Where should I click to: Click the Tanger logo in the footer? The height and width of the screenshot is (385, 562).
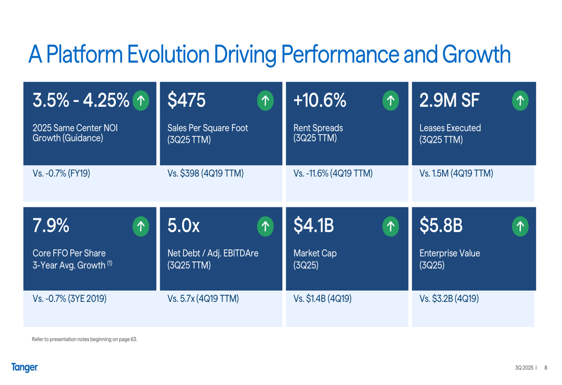tap(24, 368)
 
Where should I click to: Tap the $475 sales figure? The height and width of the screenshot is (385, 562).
tap(187, 101)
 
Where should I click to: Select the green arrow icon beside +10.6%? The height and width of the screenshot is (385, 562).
tap(390, 101)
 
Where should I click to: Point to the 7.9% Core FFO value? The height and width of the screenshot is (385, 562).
tap(51, 226)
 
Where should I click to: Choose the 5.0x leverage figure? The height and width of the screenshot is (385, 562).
tap(183, 226)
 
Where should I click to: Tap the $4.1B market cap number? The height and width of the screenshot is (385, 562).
tap(314, 226)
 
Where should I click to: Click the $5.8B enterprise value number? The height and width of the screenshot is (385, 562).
tap(441, 226)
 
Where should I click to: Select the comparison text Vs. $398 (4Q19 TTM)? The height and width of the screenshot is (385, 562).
tap(205, 174)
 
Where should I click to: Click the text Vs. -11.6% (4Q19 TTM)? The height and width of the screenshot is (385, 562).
tap(333, 174)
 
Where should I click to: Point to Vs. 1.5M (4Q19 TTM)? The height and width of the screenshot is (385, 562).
tap(456, 174)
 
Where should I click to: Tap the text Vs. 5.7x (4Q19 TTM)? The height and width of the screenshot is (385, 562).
tap(203, 299)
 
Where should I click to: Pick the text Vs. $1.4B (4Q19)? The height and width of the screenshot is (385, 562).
tap(322, 299)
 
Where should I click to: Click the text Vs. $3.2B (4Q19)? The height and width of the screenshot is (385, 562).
tap(448, 299)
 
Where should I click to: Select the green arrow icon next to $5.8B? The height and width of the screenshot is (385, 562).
tap(520, 226)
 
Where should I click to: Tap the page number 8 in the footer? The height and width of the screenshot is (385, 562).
tap(545, 368)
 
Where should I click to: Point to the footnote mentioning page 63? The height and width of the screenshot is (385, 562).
tap(84, 339)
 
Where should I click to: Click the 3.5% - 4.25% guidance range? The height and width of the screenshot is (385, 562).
tap(81, 101)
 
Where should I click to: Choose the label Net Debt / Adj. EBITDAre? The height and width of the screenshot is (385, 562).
tap(212, 253)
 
